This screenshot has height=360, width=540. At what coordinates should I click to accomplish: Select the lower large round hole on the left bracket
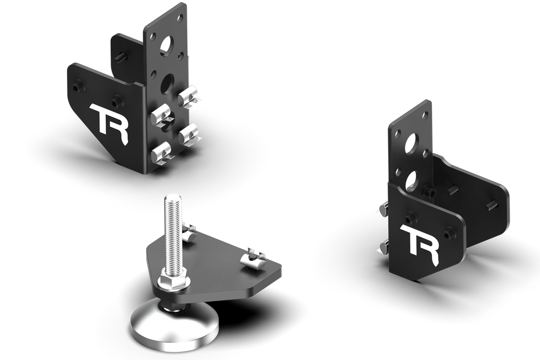(x=167, y=83)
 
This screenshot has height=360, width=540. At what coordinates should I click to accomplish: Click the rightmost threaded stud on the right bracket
(x=492, y=204)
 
